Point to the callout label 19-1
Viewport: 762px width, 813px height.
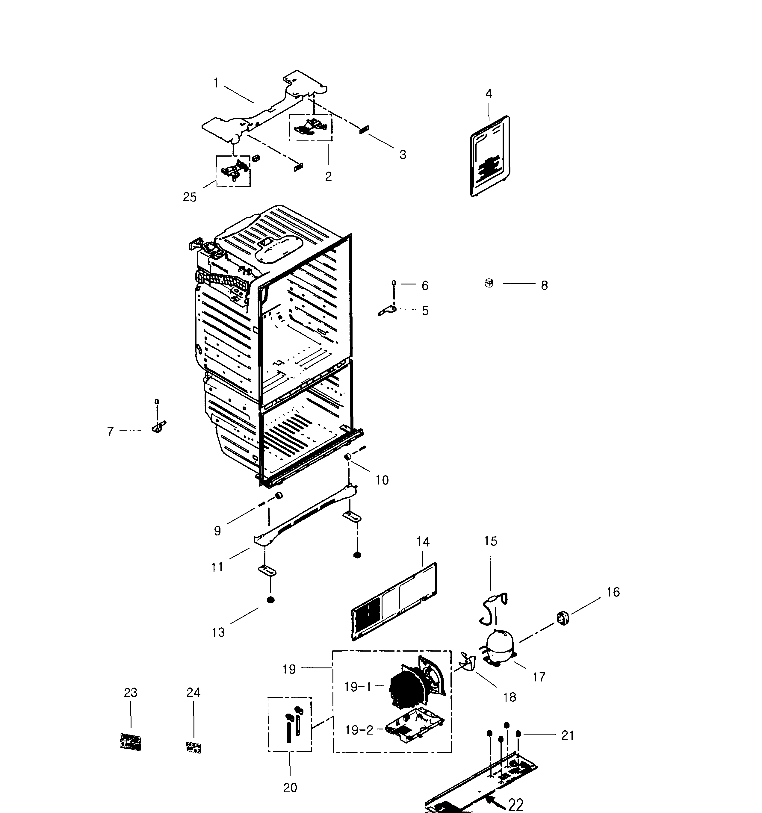[x=358, y=687]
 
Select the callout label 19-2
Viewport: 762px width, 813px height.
[x=359, y=730]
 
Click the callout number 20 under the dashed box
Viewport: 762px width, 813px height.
[x=290, y=787]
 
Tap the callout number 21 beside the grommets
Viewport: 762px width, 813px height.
[x=567, y=735]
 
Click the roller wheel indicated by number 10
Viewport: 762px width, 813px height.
[x=348, y=456]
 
